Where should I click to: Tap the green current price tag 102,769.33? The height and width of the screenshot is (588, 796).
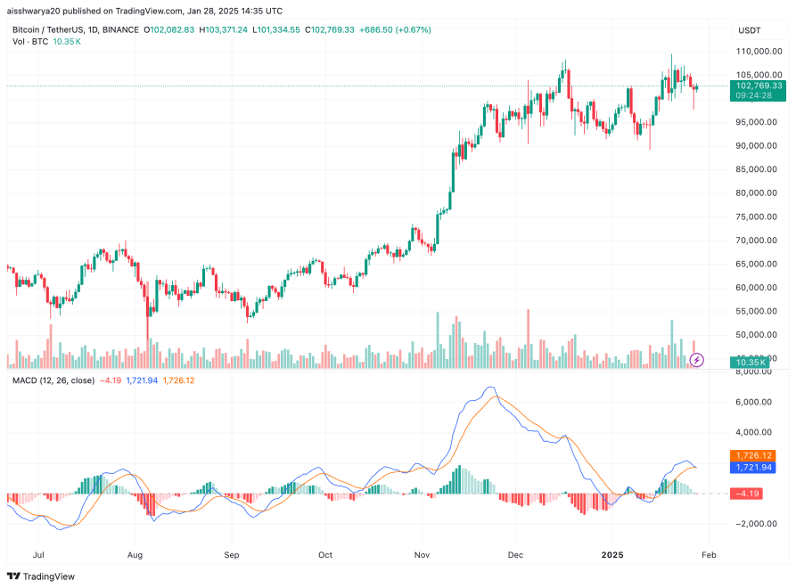(757, 86)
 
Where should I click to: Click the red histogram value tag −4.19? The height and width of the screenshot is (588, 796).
(747, 493)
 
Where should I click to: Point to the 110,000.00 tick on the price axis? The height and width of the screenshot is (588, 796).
(759, 52)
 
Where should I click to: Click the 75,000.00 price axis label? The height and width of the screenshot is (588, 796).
(759, 216)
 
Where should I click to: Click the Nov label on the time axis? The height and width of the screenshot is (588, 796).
(423, 553)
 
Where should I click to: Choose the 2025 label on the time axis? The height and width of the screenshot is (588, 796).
(612, 553)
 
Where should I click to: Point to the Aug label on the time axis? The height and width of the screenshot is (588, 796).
(135, 553)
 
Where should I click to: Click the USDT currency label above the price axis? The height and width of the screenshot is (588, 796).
(749, 30)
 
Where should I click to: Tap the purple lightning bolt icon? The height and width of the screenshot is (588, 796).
(698, 359)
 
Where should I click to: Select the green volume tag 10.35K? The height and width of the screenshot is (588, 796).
(747, 362)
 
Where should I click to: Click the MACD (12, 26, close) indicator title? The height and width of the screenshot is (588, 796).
(53, 380)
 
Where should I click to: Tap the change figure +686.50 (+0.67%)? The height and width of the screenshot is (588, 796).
(395, 29)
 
